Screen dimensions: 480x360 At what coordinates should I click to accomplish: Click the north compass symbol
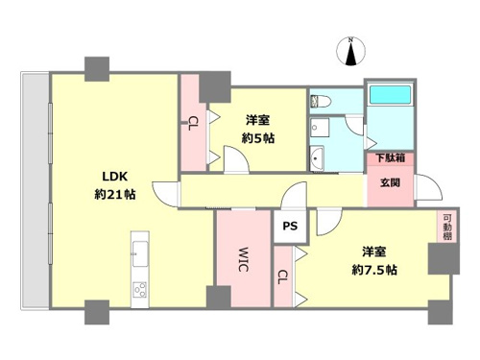click(351, 52)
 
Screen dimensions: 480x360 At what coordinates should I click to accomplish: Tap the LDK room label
click(115, 177)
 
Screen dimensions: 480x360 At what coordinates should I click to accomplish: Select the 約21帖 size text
click(115, 194)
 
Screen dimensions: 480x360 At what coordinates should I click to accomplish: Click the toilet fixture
click(320, 101)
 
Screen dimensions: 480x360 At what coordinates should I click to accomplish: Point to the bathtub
click(390, 94)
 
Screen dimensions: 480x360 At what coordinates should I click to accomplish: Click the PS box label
click(290, 226)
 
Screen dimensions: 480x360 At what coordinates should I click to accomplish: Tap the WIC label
click(244, 259)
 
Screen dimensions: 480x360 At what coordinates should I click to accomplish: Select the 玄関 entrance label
click(390, 182)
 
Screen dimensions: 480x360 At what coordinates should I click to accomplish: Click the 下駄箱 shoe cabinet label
click(390, 157)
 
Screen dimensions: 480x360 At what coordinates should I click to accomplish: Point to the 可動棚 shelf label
click(447, 227)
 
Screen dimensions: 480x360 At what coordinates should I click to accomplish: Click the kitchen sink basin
click(140, 253)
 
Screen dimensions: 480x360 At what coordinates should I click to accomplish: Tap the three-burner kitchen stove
click(140, 290)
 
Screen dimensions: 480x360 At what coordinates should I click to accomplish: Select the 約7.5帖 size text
click(374, 271)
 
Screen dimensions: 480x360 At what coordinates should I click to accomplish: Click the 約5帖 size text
click(258, 138)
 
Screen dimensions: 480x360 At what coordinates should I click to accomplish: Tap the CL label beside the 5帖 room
click(193, 124)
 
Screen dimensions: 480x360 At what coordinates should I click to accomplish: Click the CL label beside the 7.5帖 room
click(282, 276)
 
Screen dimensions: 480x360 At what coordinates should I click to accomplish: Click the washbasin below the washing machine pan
click(317, 158)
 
